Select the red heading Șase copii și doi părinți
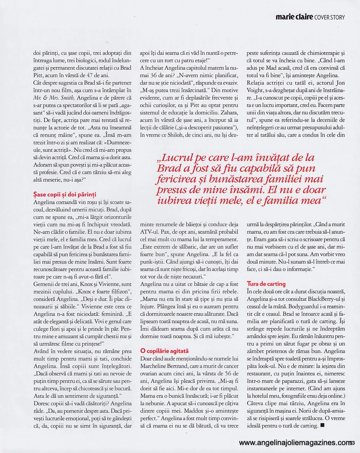coord(65,194)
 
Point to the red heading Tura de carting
coord(266,284)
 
